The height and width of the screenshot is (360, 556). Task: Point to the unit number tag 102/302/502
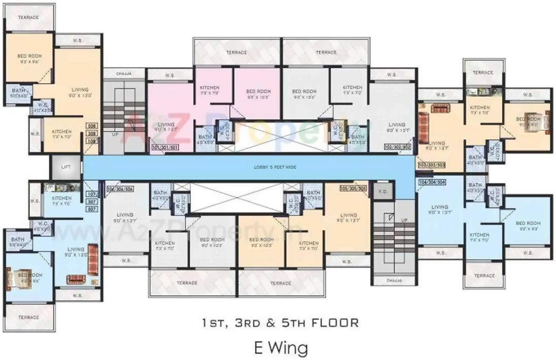[397, 148]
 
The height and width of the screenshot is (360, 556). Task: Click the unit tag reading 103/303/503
[431, 165]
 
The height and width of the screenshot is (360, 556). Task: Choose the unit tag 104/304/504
[431, 182]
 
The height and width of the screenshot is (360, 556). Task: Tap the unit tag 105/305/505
[354, 188]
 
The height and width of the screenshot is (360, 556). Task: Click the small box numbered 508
[92, 126]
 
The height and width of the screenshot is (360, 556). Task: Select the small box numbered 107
[92, 194]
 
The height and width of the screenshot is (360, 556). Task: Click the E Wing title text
[281, 348]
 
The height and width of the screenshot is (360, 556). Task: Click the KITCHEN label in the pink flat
[210, 90]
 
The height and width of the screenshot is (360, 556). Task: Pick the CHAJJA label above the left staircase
[124, 74]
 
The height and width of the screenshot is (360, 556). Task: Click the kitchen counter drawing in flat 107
[62, 187]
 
